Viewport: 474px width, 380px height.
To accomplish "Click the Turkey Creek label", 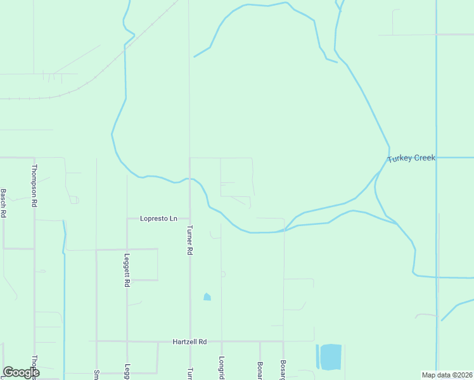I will point(411,158).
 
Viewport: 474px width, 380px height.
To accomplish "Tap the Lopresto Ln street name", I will point(158,218).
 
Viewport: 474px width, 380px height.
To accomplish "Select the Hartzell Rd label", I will point(189,341).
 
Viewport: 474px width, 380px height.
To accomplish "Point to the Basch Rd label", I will point(3,203).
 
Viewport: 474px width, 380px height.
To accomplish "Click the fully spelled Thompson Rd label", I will point(34,186).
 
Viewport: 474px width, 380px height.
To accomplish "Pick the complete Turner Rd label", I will point(189,240).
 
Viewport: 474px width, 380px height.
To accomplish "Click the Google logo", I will point(21,372).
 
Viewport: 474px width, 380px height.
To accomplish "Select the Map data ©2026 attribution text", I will point(447,375).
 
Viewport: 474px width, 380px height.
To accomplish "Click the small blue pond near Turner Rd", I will point(207,296).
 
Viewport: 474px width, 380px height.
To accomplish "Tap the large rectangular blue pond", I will point(330,357).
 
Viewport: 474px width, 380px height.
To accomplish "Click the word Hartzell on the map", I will point(184,341).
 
